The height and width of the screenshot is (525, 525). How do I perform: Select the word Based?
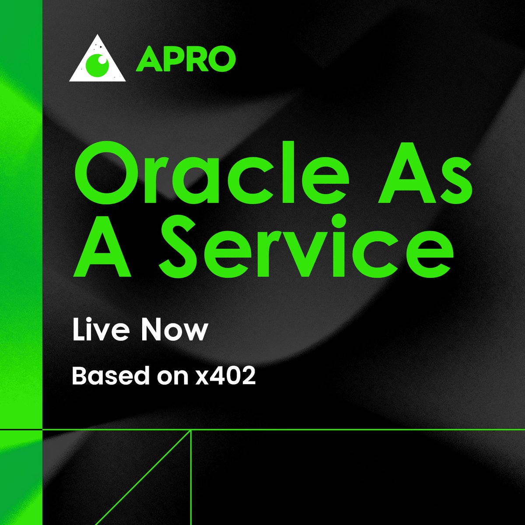[107, 376]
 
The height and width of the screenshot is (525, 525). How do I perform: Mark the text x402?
[225, 376]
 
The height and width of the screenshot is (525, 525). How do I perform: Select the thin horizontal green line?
[350, 430]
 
